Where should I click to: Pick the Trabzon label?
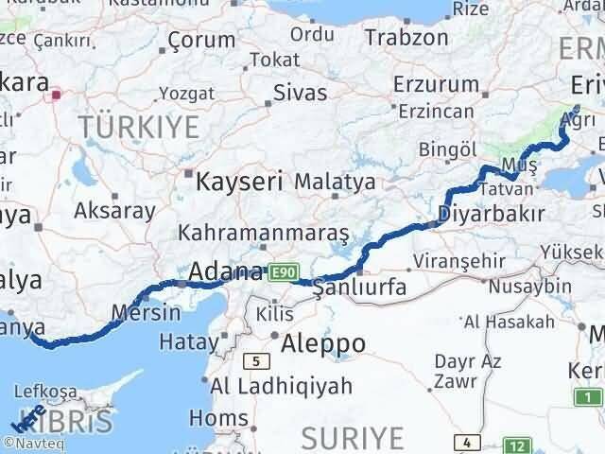point(406,38)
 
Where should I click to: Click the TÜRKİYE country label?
point(138,125)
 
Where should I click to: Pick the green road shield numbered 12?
point(517,445)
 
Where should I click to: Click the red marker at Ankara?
point(57,94)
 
